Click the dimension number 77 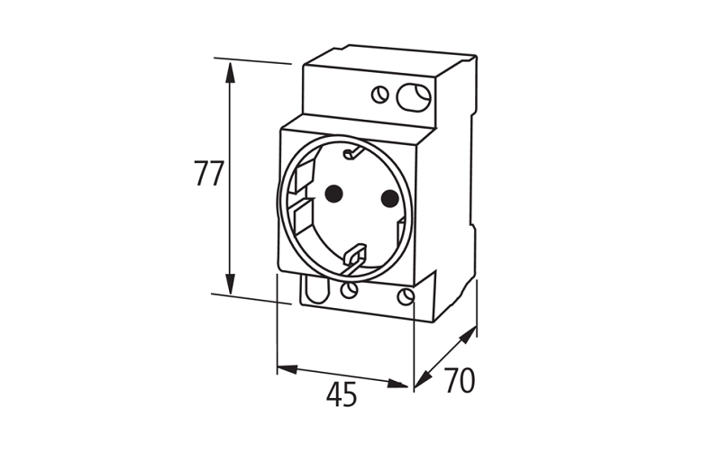click(209, 173)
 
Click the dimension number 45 click(342, 394)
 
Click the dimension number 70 click(460, 381)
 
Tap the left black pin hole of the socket click(333, 193)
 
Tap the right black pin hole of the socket click(389, 198)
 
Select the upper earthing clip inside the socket click(353, 154)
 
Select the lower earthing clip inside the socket click(354, 257)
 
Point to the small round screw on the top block click(380, 93)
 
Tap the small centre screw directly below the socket click(350, 290)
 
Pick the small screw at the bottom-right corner click(406, 297)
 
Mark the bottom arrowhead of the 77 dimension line click(230, 285)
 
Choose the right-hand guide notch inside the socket click(401, 231)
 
